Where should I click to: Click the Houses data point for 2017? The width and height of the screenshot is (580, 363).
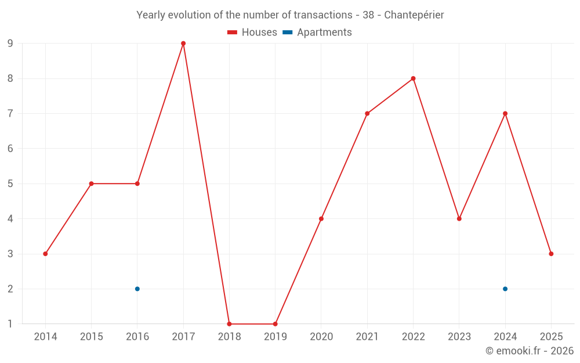click(183, 44)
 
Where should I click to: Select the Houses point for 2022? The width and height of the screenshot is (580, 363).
click(413, 78)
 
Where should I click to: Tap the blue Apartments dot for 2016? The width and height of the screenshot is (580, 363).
click(137, 289)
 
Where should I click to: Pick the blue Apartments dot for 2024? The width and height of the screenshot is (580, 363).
click(505, 289)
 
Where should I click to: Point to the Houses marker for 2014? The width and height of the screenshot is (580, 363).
click(45, 254)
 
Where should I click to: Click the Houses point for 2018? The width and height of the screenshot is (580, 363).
click(229, 324)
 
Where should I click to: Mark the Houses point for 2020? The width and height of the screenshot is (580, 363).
click(321, 219)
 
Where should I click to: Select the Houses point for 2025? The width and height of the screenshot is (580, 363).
click(551, 254)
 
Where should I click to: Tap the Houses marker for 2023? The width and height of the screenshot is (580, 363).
click(459, 219)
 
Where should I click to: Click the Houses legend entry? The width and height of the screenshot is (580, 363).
click(252, 32)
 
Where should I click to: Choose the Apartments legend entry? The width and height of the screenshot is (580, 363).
click(317, 32)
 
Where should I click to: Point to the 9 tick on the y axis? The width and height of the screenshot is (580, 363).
click(10, 44)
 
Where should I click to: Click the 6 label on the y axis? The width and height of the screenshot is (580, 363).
click(10, 149)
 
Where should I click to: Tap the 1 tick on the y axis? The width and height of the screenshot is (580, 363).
click(10, 324)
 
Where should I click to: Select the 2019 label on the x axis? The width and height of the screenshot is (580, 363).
click(275, 336)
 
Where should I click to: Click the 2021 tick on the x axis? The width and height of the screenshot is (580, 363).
click(367, 336)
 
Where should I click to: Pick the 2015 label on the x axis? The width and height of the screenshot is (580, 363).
click(92, 336)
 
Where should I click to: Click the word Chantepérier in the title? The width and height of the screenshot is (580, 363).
click(414, 15)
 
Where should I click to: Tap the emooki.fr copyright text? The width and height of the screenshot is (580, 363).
click(530, 350)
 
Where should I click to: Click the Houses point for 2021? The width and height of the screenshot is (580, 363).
click(367, 113)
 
